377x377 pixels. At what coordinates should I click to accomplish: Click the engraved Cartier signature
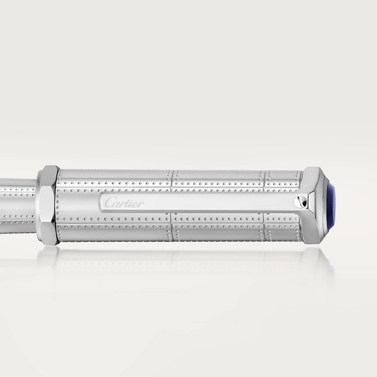pyautogui.click(x=124, y=202)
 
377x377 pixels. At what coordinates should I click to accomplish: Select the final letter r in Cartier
pyautogui.click(x=141, y=203)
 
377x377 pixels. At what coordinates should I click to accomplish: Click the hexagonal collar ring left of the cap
pyautogui.click(x=48, y=204)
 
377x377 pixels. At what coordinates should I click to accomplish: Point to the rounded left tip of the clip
pyautogui.click(x=101, y=202)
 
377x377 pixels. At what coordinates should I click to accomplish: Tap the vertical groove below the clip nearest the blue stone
pyautogui.click(x=264, y=227)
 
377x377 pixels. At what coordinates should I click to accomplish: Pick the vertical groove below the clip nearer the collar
pyautogui.click(x=172, y=227)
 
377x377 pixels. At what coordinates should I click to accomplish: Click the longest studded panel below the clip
pyautogui.click(x=114, y=227)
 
